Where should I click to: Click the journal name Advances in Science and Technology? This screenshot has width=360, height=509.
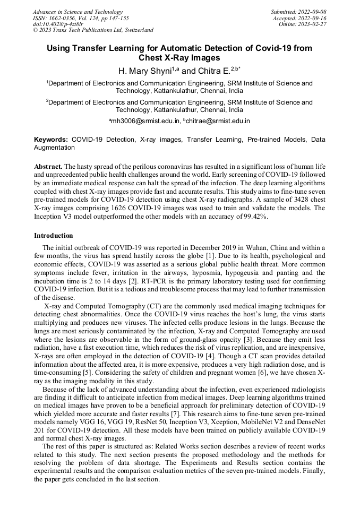(78, 12)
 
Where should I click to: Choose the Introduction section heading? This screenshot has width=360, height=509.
(54, 235)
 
